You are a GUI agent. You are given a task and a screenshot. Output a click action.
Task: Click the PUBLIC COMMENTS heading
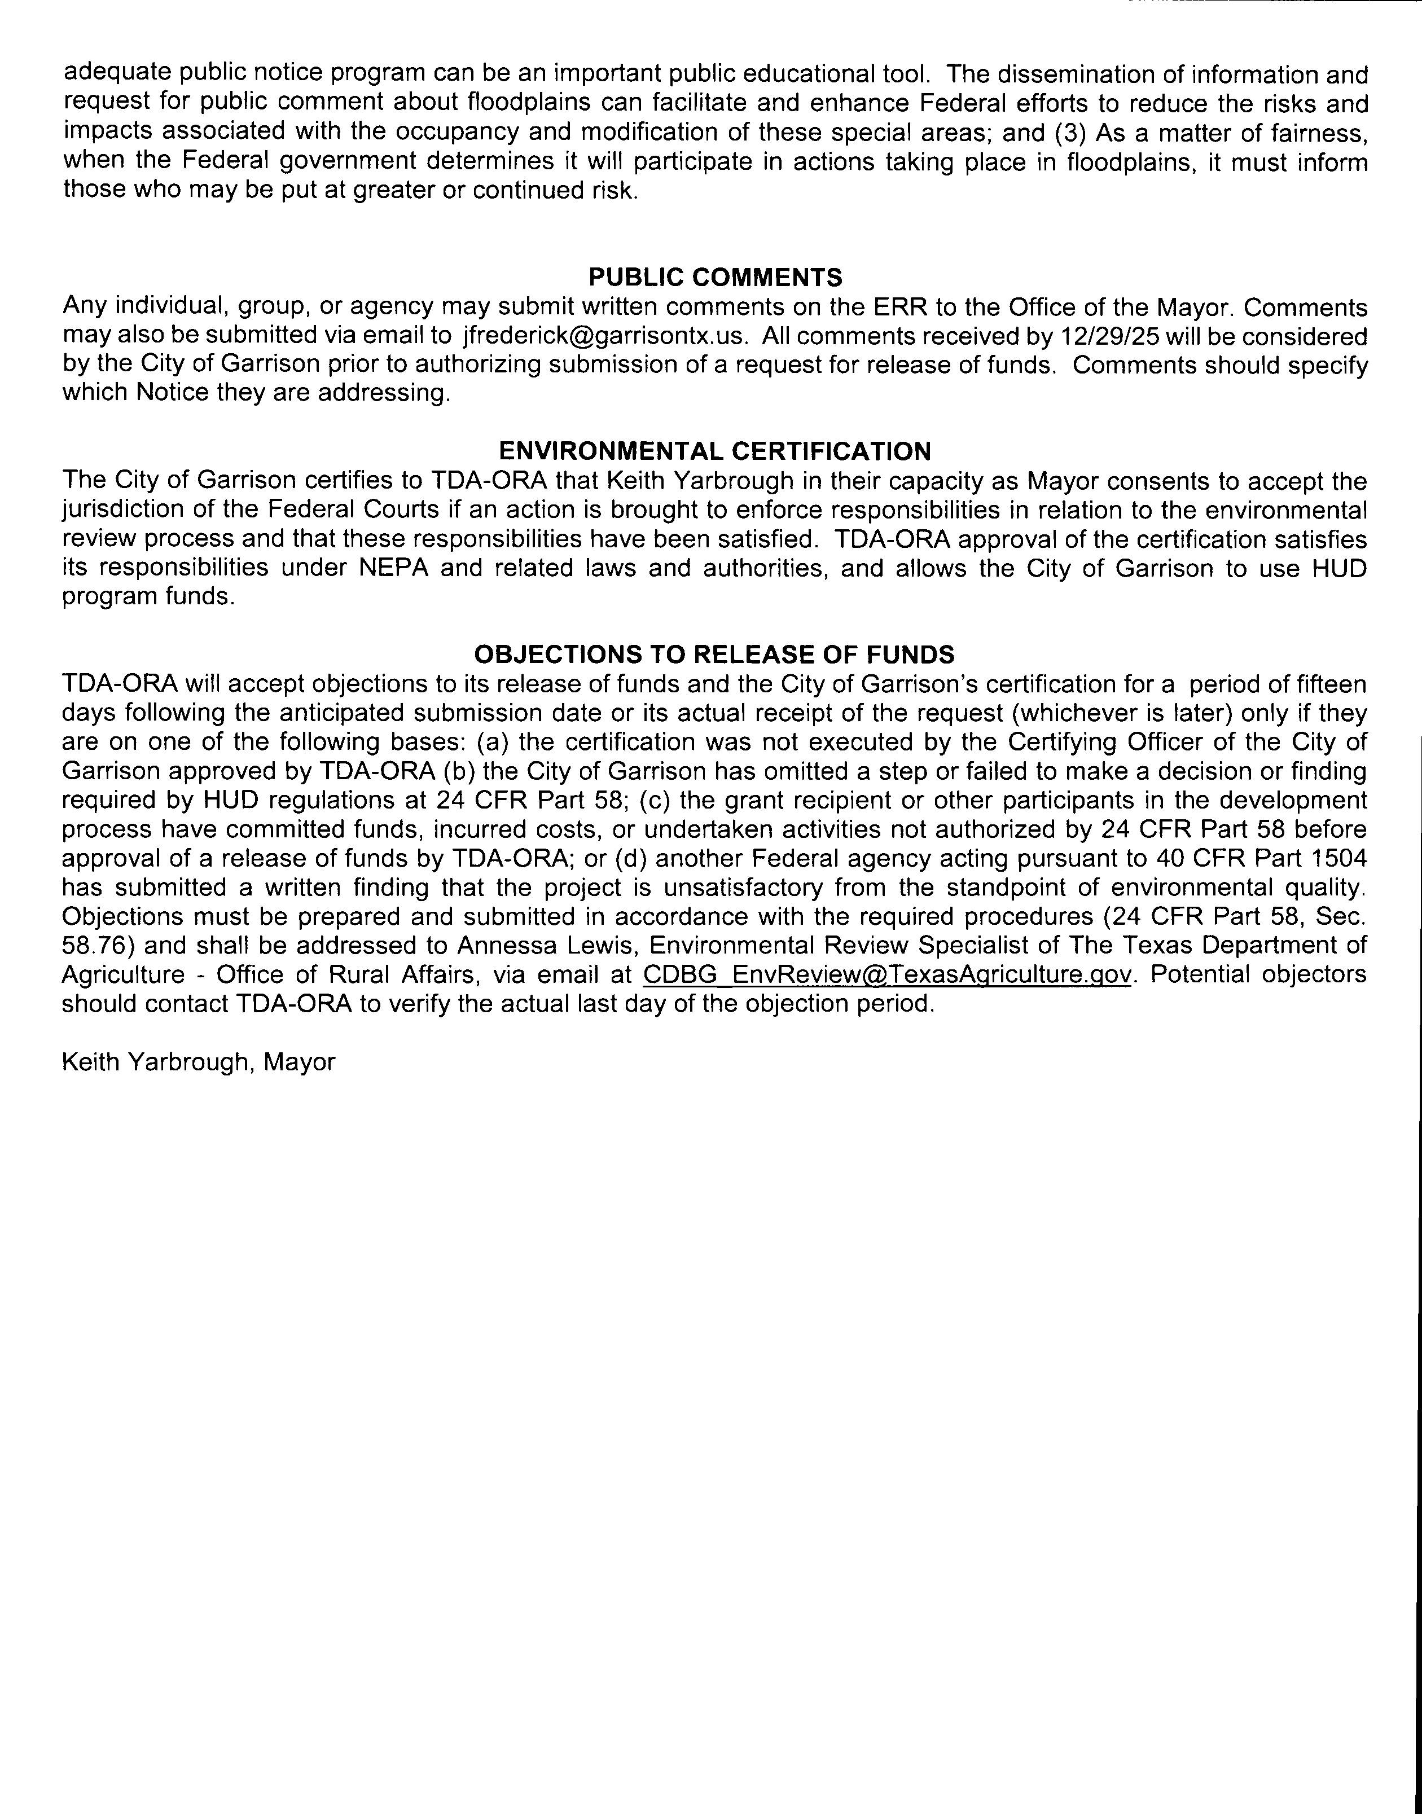click(714, 277)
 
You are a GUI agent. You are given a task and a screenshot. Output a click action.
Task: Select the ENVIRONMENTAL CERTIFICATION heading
click(714, 451)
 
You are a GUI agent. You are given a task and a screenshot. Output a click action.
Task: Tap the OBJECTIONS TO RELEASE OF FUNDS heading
click(714, 655)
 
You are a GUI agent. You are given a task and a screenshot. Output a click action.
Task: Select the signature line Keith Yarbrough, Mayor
click(198, 1062)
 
